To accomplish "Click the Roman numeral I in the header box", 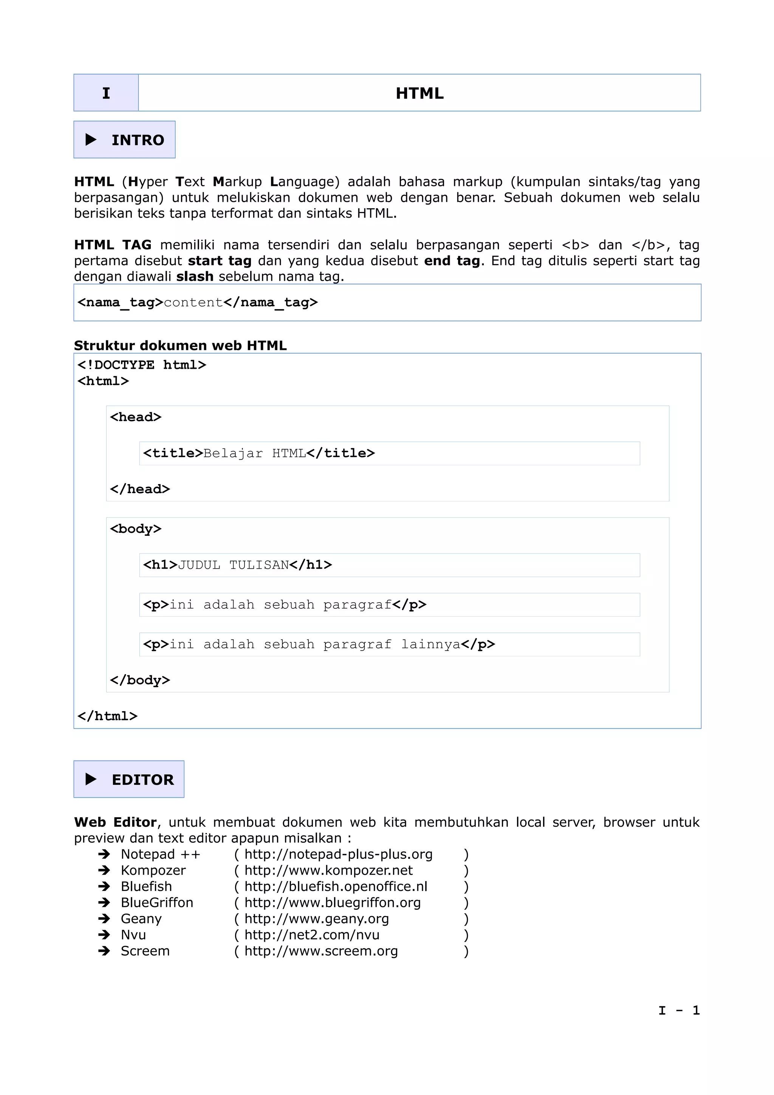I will [106, 93].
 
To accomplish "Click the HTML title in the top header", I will [419, 93].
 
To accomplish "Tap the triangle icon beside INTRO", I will [91, 140].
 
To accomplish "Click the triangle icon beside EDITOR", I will [91, 779].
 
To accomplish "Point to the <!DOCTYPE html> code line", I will [142, 365].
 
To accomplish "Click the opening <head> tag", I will [135, 417].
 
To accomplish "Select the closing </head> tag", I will [140, 489].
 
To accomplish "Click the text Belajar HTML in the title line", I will [255, 453].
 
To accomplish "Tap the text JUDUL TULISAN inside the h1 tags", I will [233, 565].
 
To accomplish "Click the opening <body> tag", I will [135, 529].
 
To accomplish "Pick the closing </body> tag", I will [140, 680].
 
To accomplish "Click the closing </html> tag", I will [107, 716].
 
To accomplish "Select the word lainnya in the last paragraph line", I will [430, 645].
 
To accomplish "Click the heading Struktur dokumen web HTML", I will [180, 346].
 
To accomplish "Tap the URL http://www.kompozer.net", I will [328, 871].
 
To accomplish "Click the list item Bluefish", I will [146, 886].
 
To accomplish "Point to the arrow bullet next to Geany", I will [104, 919].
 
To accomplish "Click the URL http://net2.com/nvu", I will [312, 935].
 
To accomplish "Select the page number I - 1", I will [679, 1011].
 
